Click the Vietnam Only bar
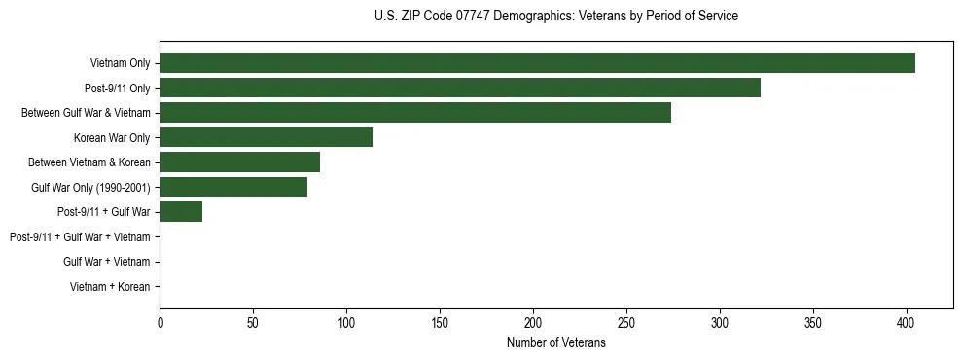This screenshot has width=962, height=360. tap(537, 63)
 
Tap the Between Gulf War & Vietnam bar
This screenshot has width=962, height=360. tap(415, 113)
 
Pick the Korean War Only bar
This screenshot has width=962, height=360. tap(266, 137)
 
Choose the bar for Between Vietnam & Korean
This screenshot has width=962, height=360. tap(239, 162)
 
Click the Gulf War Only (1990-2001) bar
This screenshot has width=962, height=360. tap(233, 187)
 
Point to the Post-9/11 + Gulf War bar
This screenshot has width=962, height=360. tap(181, 212)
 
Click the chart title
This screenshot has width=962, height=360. tap(555, 17)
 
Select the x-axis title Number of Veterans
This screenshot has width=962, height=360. tap(555, 342)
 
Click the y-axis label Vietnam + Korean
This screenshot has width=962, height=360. tap(110, 286)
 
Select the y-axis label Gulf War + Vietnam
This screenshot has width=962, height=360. tap(106, 262)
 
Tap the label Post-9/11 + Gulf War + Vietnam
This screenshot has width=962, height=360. tap(80, 236)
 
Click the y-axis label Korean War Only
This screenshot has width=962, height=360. tap(112, 138)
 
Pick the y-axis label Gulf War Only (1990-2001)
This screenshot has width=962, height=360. tap(90, 188)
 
